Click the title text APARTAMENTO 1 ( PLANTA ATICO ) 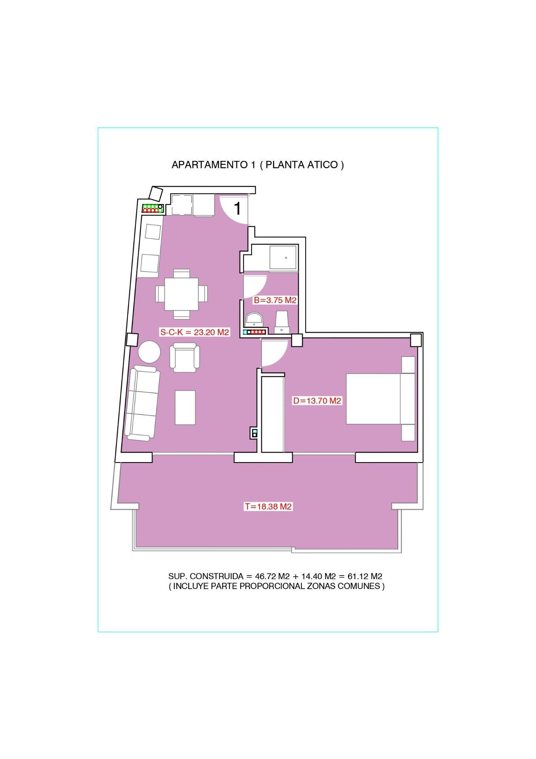point(258,165)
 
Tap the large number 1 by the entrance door point(237,208)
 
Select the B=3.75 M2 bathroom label point(275,300)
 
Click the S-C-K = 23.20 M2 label point(194,332)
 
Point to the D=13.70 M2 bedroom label point(317,401)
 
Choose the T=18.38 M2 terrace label point(268,506)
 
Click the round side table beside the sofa point(149,352)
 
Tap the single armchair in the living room point(184,357)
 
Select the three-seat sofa point(142,403)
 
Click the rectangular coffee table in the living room point(185,408)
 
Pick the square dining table point(182,294)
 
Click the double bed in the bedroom point(380,399)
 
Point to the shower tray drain point(286,257)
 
